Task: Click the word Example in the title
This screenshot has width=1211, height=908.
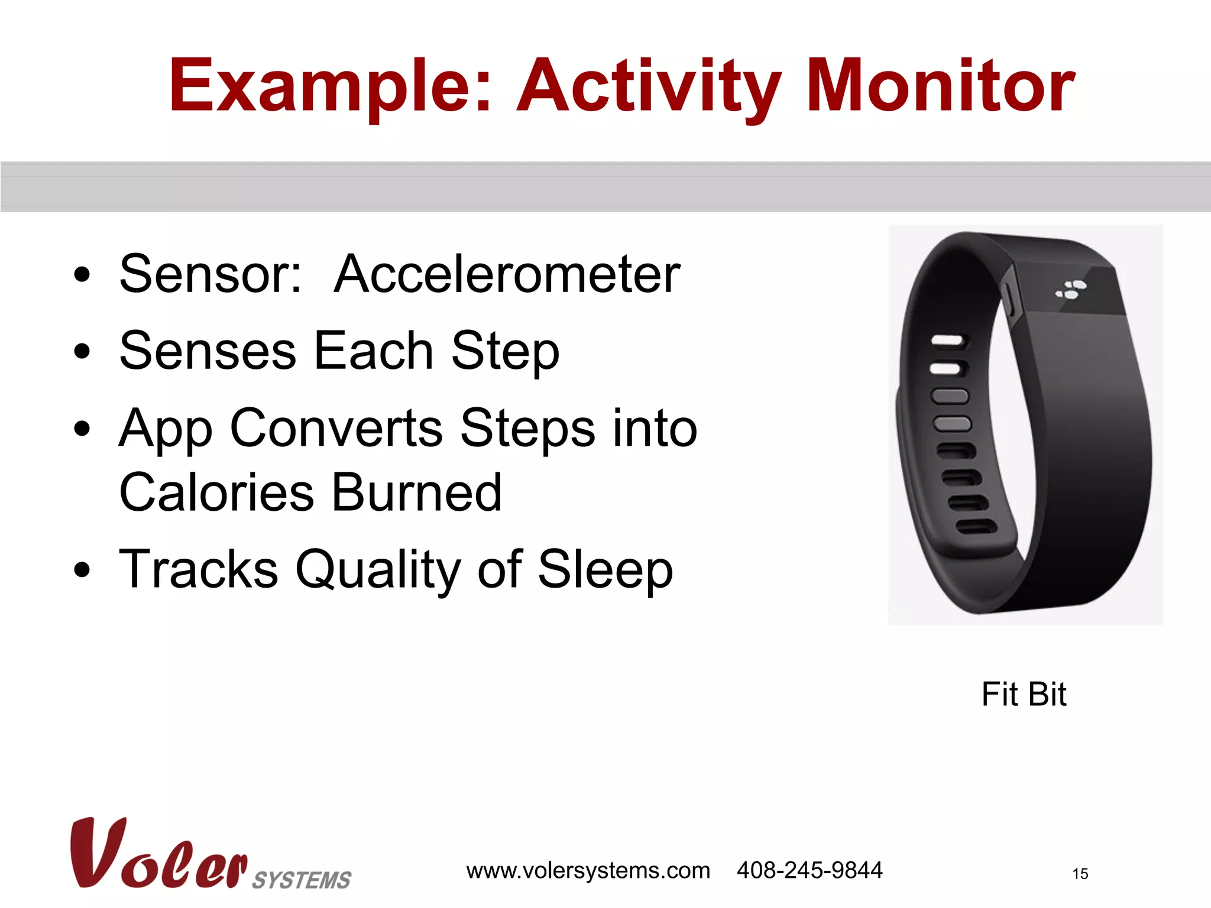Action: click(x=329, y=86)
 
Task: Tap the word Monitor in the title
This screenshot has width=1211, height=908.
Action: click(x=940, y=86)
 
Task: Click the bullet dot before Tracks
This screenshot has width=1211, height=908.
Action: click(x=82, y=570)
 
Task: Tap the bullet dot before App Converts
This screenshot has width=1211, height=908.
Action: click(x=82, y=429)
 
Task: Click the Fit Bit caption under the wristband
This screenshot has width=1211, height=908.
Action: click(x=1024, y=694)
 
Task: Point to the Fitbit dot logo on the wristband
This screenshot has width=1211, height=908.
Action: click(x=1071, y=289)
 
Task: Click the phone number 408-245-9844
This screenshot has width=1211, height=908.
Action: click(x=809, y=870)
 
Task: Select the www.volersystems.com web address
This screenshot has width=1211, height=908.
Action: click(x=588, y=870)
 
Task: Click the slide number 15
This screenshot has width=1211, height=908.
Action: click(x=1080, y=874)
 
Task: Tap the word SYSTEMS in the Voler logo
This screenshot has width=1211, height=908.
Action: click(x=302, y=880)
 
